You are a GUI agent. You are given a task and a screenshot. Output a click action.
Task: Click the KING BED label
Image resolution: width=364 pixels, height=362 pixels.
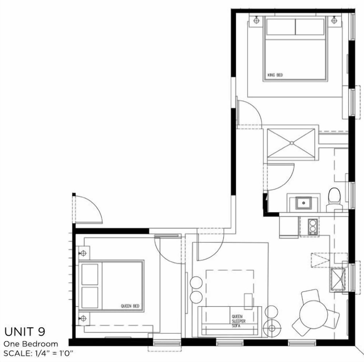(275, 75)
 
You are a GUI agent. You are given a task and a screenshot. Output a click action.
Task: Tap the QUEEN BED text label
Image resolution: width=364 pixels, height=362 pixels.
(130, 306)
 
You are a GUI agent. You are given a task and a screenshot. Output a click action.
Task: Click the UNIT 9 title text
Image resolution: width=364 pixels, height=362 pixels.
(25, 331)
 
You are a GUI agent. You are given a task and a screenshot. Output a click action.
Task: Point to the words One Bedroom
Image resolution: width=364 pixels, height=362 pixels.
(31, 344)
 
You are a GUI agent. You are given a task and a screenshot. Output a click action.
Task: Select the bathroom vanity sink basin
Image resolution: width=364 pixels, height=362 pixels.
(304, 203)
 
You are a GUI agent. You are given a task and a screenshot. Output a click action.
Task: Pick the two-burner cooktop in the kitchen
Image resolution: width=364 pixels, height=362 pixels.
(313, 227)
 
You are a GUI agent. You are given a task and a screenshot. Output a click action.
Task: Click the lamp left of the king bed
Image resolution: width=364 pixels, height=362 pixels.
(257, 20)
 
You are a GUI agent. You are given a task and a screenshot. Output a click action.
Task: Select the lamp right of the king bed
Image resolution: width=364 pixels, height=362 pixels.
(334, 20)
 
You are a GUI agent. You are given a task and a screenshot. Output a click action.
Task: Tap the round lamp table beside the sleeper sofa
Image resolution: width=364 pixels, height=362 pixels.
(272, 328)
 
